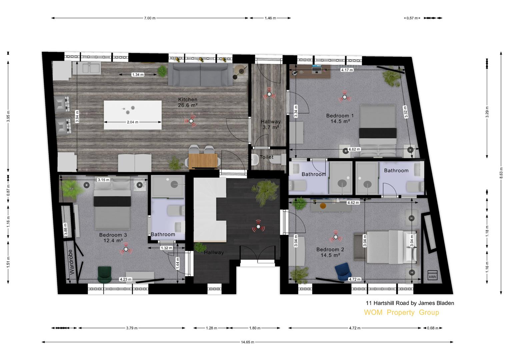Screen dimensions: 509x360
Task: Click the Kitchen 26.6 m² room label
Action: [x=188, y=102]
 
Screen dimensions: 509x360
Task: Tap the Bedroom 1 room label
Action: [x=340, y=118]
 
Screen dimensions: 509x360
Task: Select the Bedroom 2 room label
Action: [x=330, y=252]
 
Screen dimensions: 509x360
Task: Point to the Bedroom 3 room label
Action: [x=113, y=237]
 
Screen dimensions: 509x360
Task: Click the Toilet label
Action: [x=267, y=157]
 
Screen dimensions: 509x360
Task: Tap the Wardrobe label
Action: [x=71, y=262]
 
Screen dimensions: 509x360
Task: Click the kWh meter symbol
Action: [x=432, y=275]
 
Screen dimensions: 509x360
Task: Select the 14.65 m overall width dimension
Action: [x=247, y=342]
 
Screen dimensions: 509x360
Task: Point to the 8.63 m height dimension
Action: [x=501, y=173]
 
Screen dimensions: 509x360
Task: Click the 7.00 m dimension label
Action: [x=150, y=18]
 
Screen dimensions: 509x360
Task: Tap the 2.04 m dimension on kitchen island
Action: [x=132, y=122]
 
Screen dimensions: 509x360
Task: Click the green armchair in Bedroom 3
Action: [x=105, y=275]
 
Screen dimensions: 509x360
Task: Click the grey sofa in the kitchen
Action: [x=200, y=75]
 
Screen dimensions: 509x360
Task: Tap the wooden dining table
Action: [x=203, y=161]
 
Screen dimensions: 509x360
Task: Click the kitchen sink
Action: [x=87, y=68]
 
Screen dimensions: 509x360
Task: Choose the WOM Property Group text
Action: [x=402, y=313]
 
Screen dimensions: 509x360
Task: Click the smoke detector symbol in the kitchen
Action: [x=191, y=121]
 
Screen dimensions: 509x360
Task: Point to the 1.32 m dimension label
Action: [x=166, y=248]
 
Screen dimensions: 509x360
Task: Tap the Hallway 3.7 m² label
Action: [x=271, y=124]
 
